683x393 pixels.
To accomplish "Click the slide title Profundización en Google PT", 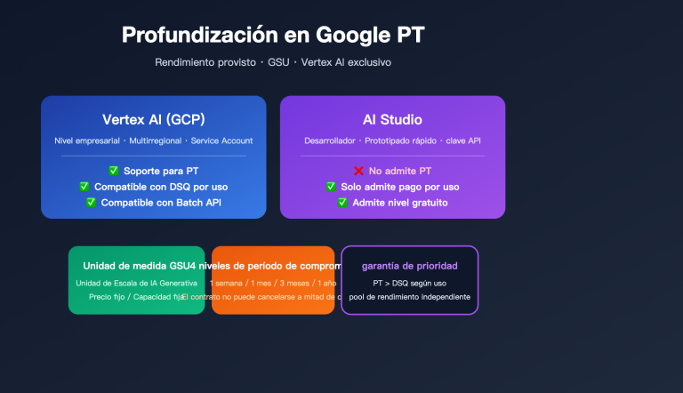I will coord(273,35).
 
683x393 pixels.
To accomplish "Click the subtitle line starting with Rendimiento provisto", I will coord(273,62).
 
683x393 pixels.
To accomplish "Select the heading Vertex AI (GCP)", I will coord(153,120).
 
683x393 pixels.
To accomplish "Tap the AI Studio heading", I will coord(392,120).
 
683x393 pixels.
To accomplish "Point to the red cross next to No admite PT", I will coord(359,171).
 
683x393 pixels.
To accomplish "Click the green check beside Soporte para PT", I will coord(113,171).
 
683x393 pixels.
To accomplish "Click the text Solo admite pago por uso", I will coord(400,187).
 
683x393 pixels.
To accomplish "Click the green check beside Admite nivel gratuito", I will coord(342,203).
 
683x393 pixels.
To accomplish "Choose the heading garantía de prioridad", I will coord(409,266).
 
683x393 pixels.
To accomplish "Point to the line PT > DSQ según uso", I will coord(409,283).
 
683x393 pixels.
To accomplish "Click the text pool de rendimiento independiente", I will coord(409,297).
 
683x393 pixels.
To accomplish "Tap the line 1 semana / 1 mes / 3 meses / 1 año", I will coord(273,283).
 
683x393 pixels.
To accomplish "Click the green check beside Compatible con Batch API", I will coord(91,203).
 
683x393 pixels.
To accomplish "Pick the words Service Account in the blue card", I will coord(223,140).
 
